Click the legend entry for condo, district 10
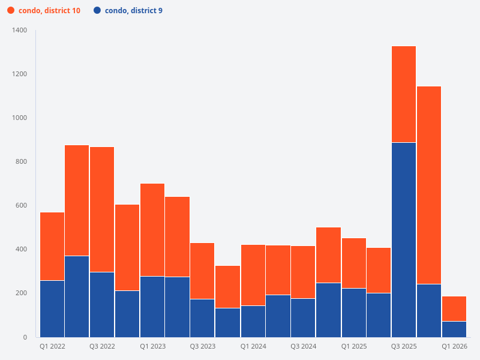(49, 11)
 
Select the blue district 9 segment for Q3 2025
(404, 240)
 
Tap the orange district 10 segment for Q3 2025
(404, 94)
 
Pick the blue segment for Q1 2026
(454, 329)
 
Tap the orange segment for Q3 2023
(202, 271)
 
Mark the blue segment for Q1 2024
(253, 321)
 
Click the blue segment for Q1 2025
(354, 313)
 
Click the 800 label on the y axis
(22, 161)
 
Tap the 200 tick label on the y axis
(22, 293)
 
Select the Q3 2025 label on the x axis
(404, 346)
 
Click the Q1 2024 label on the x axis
(253, 346)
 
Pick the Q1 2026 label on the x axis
(454, 346)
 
